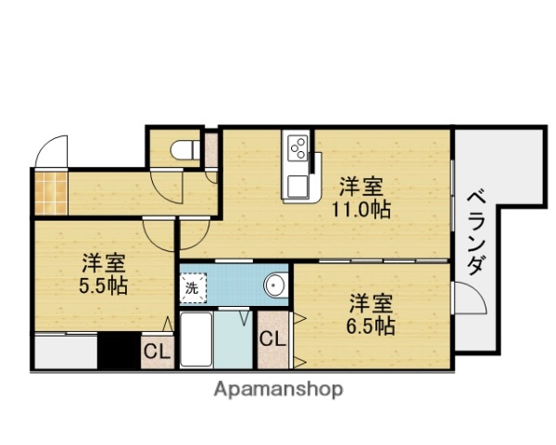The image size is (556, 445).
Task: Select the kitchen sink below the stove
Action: click(298, 184)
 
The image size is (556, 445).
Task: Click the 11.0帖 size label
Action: click(361, 210)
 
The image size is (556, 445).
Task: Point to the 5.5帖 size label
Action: click(102, 286)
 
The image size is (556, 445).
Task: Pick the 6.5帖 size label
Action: click(373, 325)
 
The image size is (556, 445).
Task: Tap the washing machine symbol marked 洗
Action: click(192, 287)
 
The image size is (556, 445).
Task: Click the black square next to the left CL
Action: click(119, 351)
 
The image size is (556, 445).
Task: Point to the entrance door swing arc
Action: click(53, 152)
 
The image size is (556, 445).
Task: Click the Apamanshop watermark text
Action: click(278, 389)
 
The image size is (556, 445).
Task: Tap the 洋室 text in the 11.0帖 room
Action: click(361, 184)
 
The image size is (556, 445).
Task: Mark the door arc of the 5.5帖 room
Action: click(160, 232)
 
